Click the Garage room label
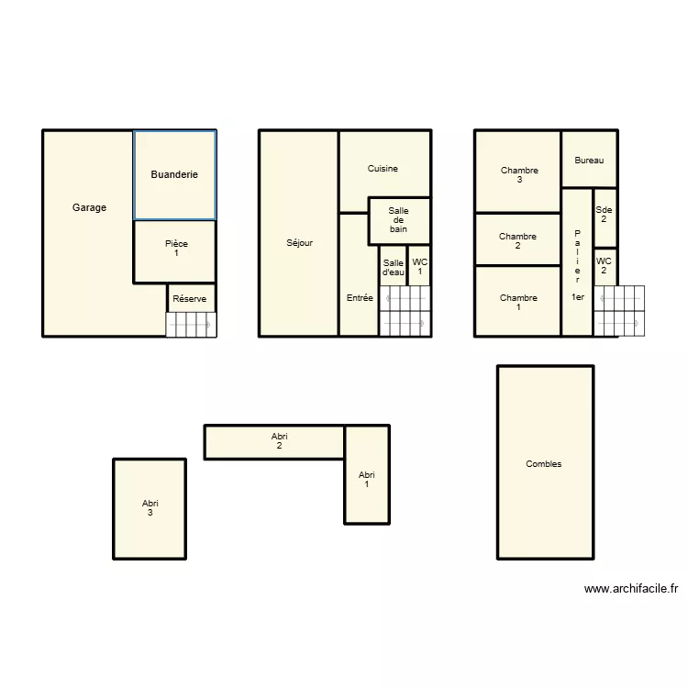(x=89, y=207)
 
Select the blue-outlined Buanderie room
(x=174, y=174)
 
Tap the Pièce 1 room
(x=175, y=249)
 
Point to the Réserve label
(x=190, y=299)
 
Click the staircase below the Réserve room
(x=190, y=325)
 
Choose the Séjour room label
(x=299, y=243)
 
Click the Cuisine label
(x=383, y=169)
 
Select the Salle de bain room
(x=398, y=220)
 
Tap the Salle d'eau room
(x=393, y=267)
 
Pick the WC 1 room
(x=419, y=266)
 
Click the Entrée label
(x=360, y=298)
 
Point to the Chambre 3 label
(x=518, y=174)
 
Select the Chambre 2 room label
(x=517, y=240)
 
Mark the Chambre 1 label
(x=518, y=302)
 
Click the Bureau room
(x=589, y=161)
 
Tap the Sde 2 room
(x=604, y=215)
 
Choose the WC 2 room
(x=604, y=265)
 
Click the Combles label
(x=543, y=464)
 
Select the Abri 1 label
(x=367, y=479)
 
